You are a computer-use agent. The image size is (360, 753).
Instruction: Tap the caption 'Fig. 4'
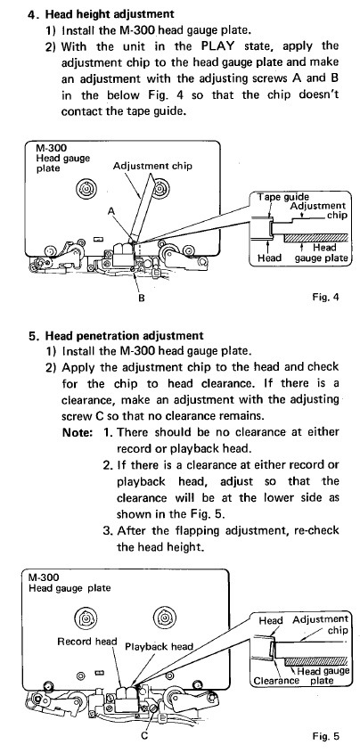325,297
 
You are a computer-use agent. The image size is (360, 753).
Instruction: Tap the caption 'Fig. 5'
325,736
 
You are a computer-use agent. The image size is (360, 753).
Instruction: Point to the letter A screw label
111,211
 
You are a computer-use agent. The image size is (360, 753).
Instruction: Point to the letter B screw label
142,299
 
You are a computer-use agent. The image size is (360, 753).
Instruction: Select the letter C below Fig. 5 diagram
144,735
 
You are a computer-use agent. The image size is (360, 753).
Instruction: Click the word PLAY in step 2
214,46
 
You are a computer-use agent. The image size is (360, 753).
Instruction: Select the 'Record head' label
86,641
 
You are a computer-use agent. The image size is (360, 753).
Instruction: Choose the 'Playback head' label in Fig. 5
159,646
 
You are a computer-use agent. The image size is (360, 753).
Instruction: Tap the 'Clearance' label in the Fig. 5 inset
276,681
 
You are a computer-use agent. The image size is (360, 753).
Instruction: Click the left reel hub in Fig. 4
88,188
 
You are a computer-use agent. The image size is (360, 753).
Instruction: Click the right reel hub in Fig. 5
164,616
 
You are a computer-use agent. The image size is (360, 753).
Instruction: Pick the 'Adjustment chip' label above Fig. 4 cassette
152,166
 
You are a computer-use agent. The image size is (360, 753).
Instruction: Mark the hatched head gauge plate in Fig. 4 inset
315,238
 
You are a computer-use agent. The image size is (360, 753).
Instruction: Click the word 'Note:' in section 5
77,432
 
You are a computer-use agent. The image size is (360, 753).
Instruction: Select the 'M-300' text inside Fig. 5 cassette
41,577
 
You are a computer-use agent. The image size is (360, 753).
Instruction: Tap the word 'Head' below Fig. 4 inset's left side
270,258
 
